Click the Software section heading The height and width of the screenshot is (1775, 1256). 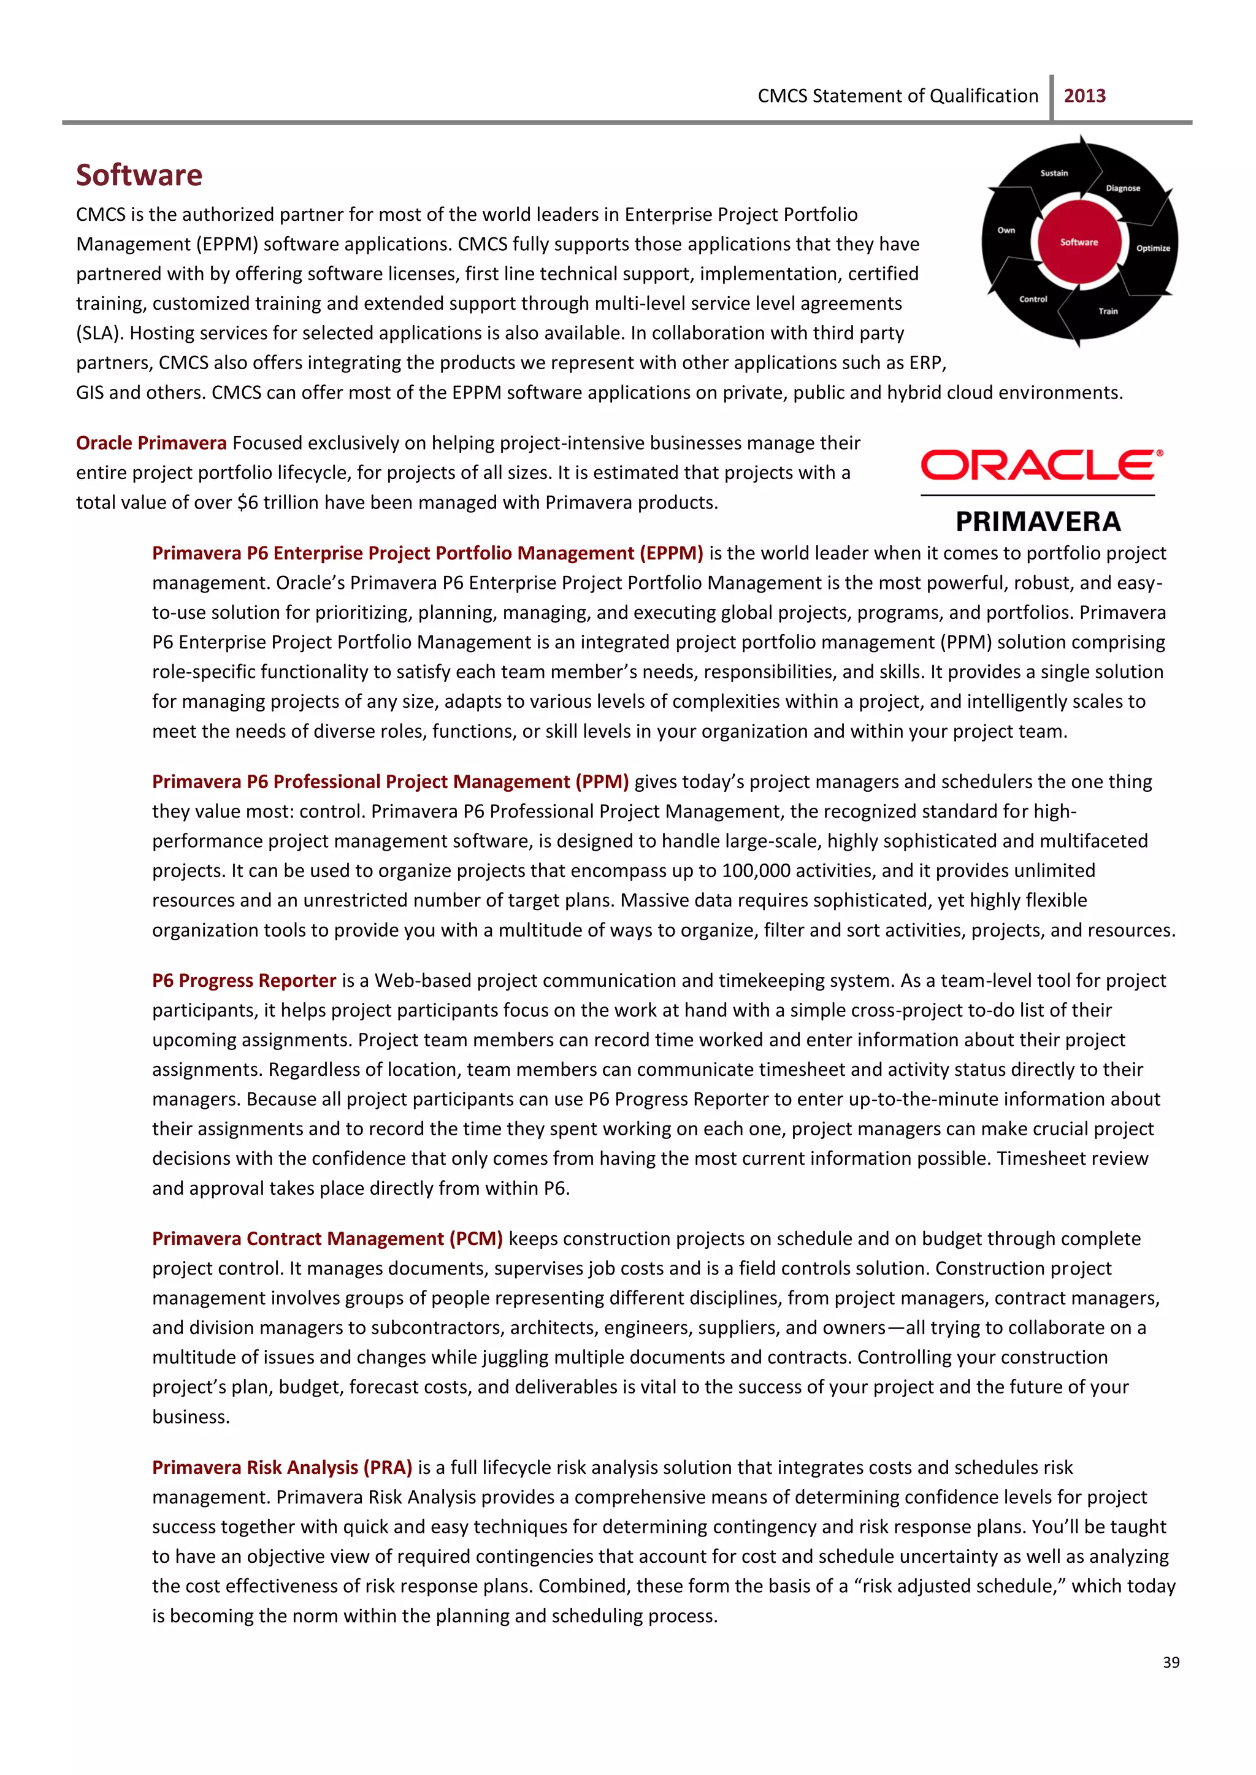[139, 175]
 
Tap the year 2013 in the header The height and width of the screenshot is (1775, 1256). [1084, 96]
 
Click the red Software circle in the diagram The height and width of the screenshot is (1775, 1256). [1079, 242]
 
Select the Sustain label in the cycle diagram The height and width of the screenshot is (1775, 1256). [1054, 173]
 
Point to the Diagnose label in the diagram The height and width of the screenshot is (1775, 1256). [1122, 188]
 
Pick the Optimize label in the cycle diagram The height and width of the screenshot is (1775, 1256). [1152, 248]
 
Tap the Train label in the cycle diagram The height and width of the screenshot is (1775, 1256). [1108, 311]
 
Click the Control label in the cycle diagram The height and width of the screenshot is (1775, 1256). [1033, 299]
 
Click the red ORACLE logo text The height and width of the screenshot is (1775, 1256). [1040, 466]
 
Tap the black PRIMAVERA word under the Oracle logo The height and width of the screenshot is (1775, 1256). [1038, 522]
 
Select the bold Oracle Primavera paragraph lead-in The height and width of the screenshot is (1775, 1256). [151, 443]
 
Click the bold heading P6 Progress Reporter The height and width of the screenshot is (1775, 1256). [243, 981]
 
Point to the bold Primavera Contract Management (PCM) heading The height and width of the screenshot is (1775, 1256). [327, 1239]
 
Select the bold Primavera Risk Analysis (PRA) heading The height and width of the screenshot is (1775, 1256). [281, 1468]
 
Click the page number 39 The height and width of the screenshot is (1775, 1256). [1170, 1662]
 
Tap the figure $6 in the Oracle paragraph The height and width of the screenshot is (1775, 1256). [248, 503]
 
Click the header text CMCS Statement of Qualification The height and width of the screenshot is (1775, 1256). [897, 96]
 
